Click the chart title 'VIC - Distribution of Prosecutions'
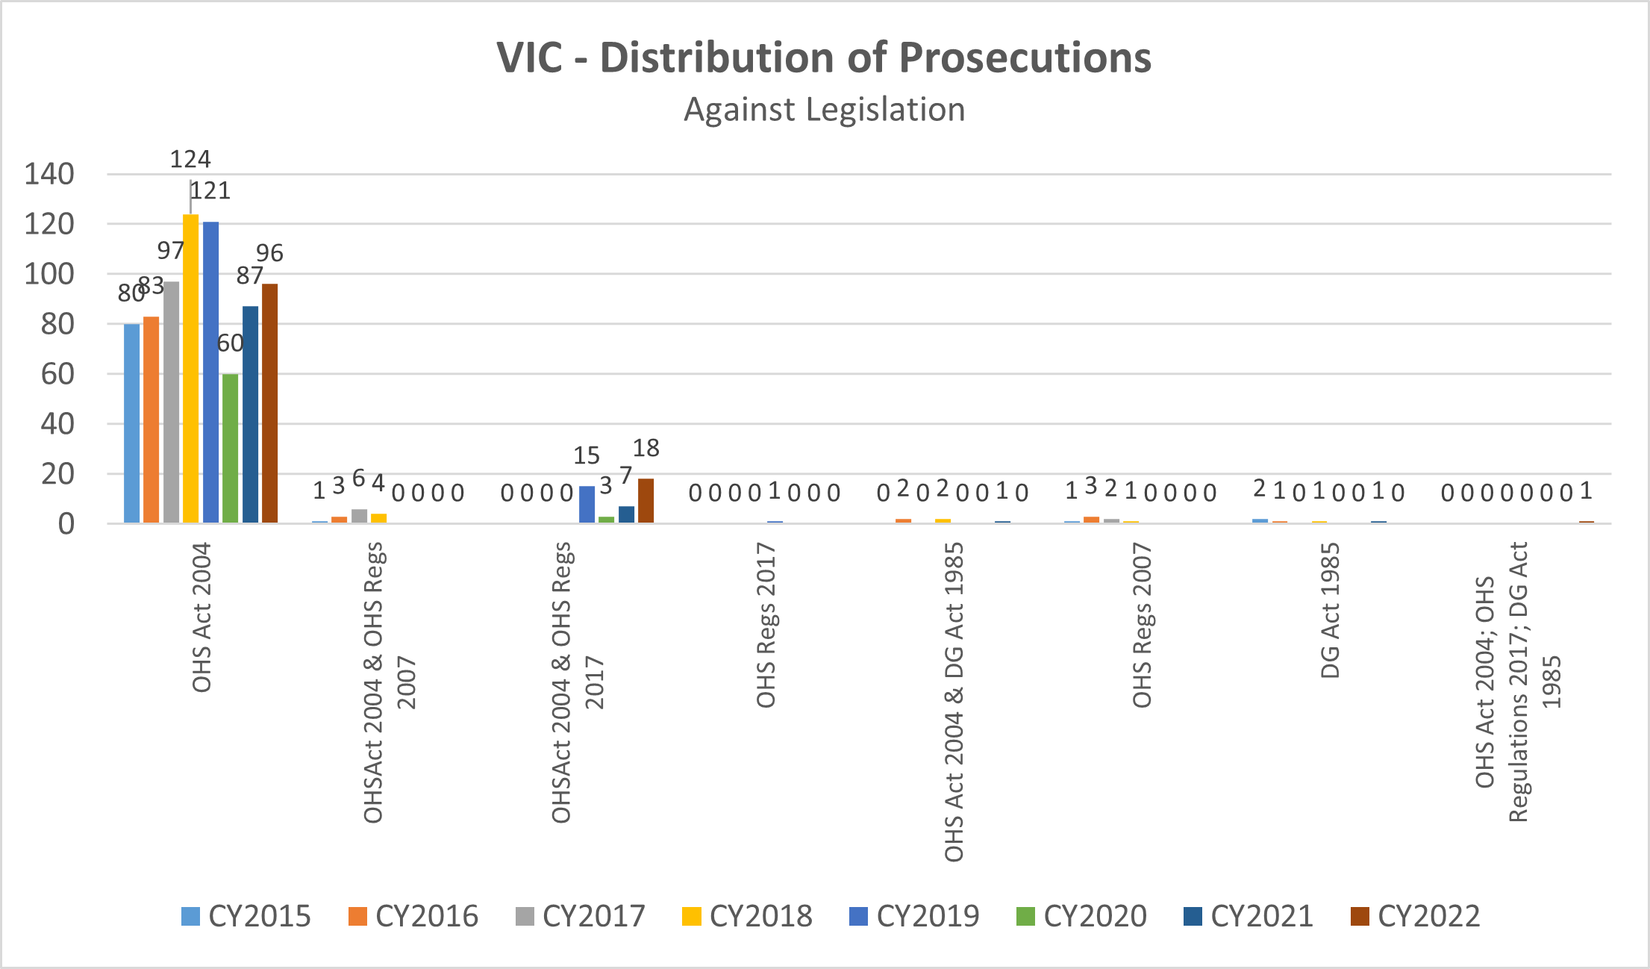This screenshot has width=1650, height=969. pyautogui.click(x=824, y=57)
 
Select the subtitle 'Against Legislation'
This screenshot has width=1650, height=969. pyautogui.click(x=824, y=110)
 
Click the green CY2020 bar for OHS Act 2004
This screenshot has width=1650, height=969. pyautogui.click(x=231, y=448)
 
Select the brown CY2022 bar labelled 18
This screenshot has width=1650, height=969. pyautogui.click(x=646, y=501)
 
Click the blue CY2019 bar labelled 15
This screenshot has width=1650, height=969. pyautogui.click(x=587, y=505)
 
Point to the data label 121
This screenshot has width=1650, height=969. pyautogui.click(x=210, y=191)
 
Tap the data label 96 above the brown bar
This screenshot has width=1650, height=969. pyautogui.click(x=269, y=253)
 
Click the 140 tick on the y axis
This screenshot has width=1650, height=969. pyautogui.click(x=50, y=175)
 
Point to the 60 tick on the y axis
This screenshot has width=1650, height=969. pyautogui.click(x=58, y=374)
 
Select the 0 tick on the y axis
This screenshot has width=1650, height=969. pyautogui.click(x=66, y=524)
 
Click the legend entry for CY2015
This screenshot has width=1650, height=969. pyautogui.click(x=246, y=916)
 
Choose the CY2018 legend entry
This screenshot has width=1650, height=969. pyautogui.click(x=748, y=916)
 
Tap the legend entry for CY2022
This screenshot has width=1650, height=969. pyautogui.click(x=1416, y=916)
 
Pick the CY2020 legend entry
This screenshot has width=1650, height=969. pyautogui.click(x=1082, y=916)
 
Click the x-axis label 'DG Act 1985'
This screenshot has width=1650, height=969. pyautogui.click(x=1331, y=611)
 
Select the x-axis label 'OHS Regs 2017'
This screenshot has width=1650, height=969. pyautogui.click(x=766, y=626)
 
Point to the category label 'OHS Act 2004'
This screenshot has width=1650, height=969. pyautogui.click(x=202, y=618)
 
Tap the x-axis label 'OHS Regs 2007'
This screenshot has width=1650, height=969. pyautogui.click(x=1143, y=626)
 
